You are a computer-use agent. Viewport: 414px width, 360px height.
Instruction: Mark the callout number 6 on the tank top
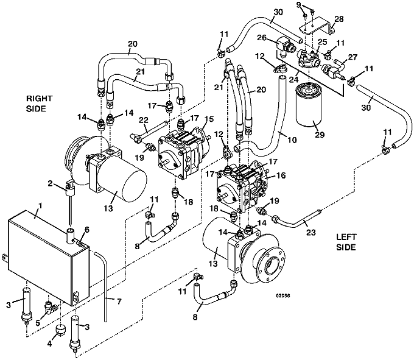click(x=86, y=229)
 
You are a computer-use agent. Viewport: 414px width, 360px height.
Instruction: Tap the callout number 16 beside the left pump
click(x=281, y=175)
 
